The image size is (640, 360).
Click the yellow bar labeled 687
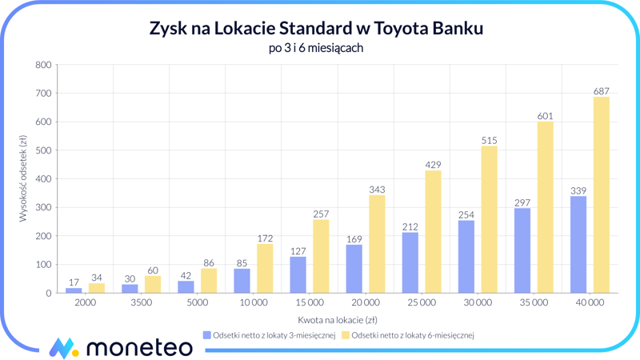pos(601,195)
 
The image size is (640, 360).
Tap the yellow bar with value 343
pos(377,244)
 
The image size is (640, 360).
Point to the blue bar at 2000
pos(74,290)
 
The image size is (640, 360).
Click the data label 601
pos(545,116)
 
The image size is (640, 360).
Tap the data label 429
pos(433,165)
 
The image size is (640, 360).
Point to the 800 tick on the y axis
pos(43,65)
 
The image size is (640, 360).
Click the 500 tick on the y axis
pos(43,150)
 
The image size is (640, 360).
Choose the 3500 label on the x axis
pos(141,303)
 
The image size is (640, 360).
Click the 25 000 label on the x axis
pos(421,303)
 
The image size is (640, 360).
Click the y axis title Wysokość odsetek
pos(23,178)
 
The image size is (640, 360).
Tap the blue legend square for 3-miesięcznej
pos(207,335)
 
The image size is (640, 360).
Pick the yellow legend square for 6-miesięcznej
pos(346,335)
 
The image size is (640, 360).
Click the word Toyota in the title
pos(390,29)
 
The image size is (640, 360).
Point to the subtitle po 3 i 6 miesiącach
pos(316,48)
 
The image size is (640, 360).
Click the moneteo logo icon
pos(63,347)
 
